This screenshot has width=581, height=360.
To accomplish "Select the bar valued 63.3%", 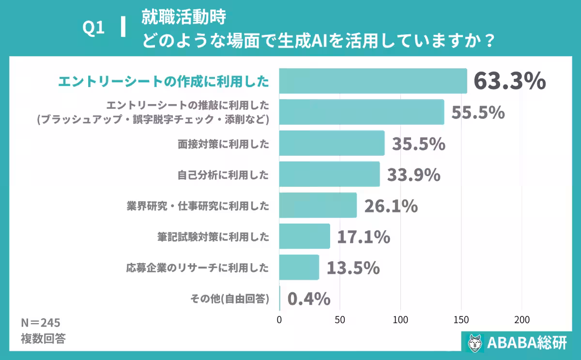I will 373,81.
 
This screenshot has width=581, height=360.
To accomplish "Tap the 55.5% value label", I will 478,112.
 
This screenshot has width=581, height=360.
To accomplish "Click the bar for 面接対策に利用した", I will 332,143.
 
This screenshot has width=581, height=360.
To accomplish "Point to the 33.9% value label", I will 413,175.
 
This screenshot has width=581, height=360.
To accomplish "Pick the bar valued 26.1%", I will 318,206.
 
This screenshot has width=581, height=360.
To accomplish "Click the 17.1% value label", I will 363,237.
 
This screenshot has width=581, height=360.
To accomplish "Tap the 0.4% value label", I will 309,299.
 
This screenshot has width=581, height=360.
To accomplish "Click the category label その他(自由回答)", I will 227,299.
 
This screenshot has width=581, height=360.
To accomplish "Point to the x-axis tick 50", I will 340,320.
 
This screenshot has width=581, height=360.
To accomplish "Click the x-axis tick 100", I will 400,320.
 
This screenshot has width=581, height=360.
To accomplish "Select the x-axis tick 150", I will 461,320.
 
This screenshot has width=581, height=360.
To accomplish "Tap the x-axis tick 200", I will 521,320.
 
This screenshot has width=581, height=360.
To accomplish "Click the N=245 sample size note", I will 41,323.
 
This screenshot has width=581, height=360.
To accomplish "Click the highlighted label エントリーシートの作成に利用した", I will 164,81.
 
